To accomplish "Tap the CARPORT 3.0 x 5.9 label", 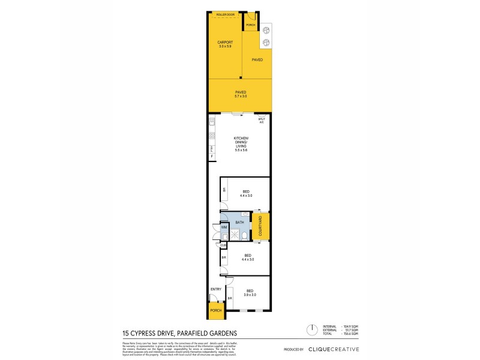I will point(224,44).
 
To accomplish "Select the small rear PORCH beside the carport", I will point(250,25).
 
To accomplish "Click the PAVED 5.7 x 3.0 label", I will point(240,94).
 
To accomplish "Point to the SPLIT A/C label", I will point(261,121).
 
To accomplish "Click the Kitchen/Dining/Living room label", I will point(241,145).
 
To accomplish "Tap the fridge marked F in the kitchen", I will point(212,157).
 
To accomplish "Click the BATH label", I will point(239,223).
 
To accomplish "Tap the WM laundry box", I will point(224,227).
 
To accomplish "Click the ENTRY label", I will point(215,290).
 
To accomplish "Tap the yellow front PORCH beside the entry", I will point(215,310).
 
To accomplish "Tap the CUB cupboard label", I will point(223,245).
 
